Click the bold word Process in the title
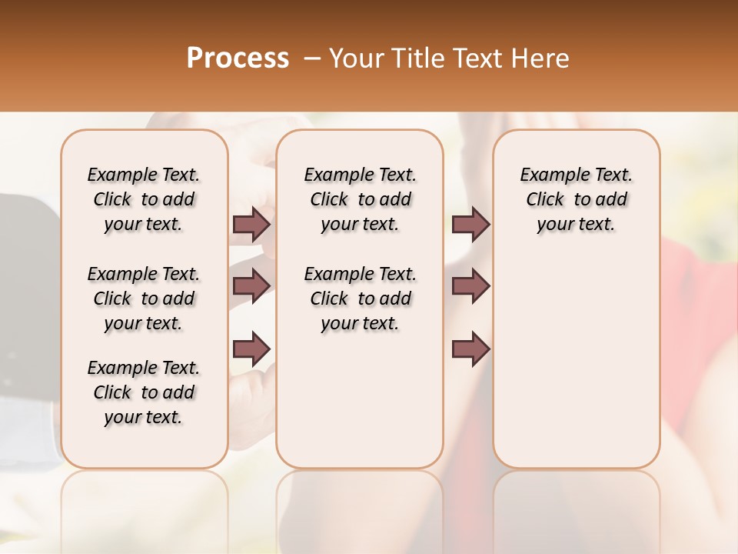pyautogui.click(x=238, y=58)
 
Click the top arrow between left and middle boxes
pyautogui.click(x=251, y=224)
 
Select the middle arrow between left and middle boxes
pyautogui.click(x=251, y=285)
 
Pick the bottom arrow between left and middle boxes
pyautogui.click(x=251, y=349)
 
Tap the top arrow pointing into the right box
pyautogui.click(x=470, y=224)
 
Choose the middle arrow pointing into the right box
pyautogui.click(x=470, y=285)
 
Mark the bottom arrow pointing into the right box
pyautogui.click(x=470, y=349)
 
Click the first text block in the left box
pyautogui.click(x=144, y=199)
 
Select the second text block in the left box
pyautogui.click(x=144, y=299)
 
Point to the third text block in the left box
pyautogui.click(x=144, y=392)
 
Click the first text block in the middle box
pyautogui.click(x=360, y=199)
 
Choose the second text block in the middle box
pyautogui.click(x=360, y=299)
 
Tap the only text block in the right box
pyautogui.click(x=576, y=199)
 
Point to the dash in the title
pyautogui.click(x=312, y=58)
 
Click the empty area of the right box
pyautogui.click(x=576, y=354)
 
